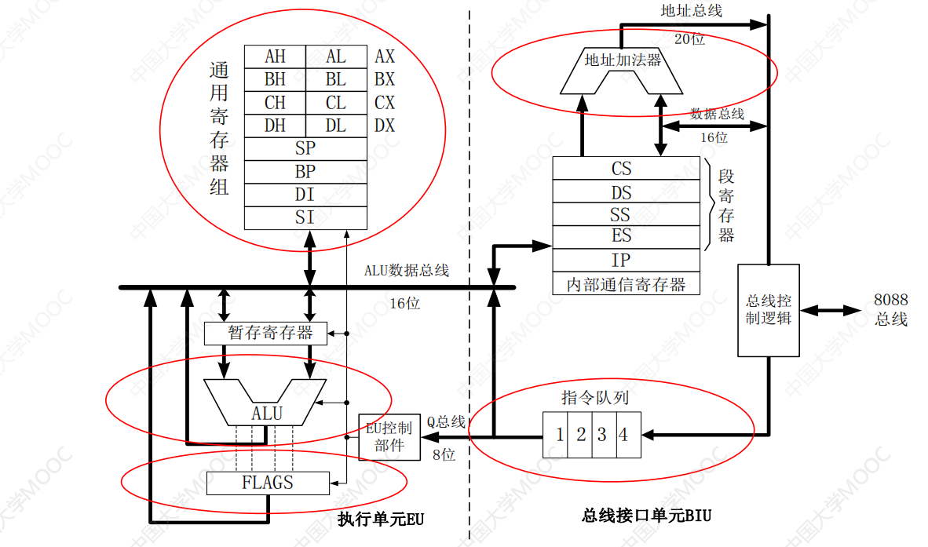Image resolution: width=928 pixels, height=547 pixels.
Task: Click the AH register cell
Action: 275,57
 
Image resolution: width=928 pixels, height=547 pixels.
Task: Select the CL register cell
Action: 336,103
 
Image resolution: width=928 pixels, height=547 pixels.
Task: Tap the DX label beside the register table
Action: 385,126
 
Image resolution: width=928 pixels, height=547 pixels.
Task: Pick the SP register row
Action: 305,148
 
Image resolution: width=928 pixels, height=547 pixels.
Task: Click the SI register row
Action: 305,217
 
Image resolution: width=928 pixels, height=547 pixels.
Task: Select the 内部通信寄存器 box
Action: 626,284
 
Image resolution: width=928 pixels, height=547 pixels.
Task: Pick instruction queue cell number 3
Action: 602,435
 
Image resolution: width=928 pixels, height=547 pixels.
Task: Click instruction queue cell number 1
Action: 559,435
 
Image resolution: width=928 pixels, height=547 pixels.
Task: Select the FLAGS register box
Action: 268,483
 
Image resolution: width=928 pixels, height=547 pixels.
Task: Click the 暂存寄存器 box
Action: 269,333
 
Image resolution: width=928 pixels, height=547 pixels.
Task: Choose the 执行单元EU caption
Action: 381,519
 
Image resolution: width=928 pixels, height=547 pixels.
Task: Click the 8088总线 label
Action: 890,309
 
